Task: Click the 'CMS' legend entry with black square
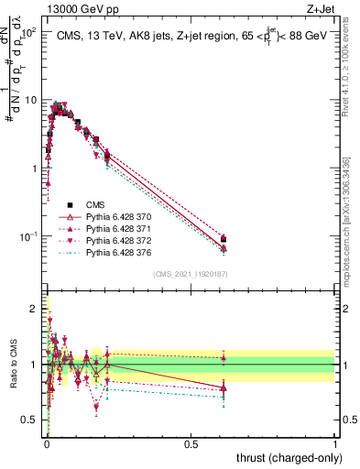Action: click(95, 205)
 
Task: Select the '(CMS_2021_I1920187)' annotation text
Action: click(190, 274)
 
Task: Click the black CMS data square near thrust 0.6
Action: click(224, 239)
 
